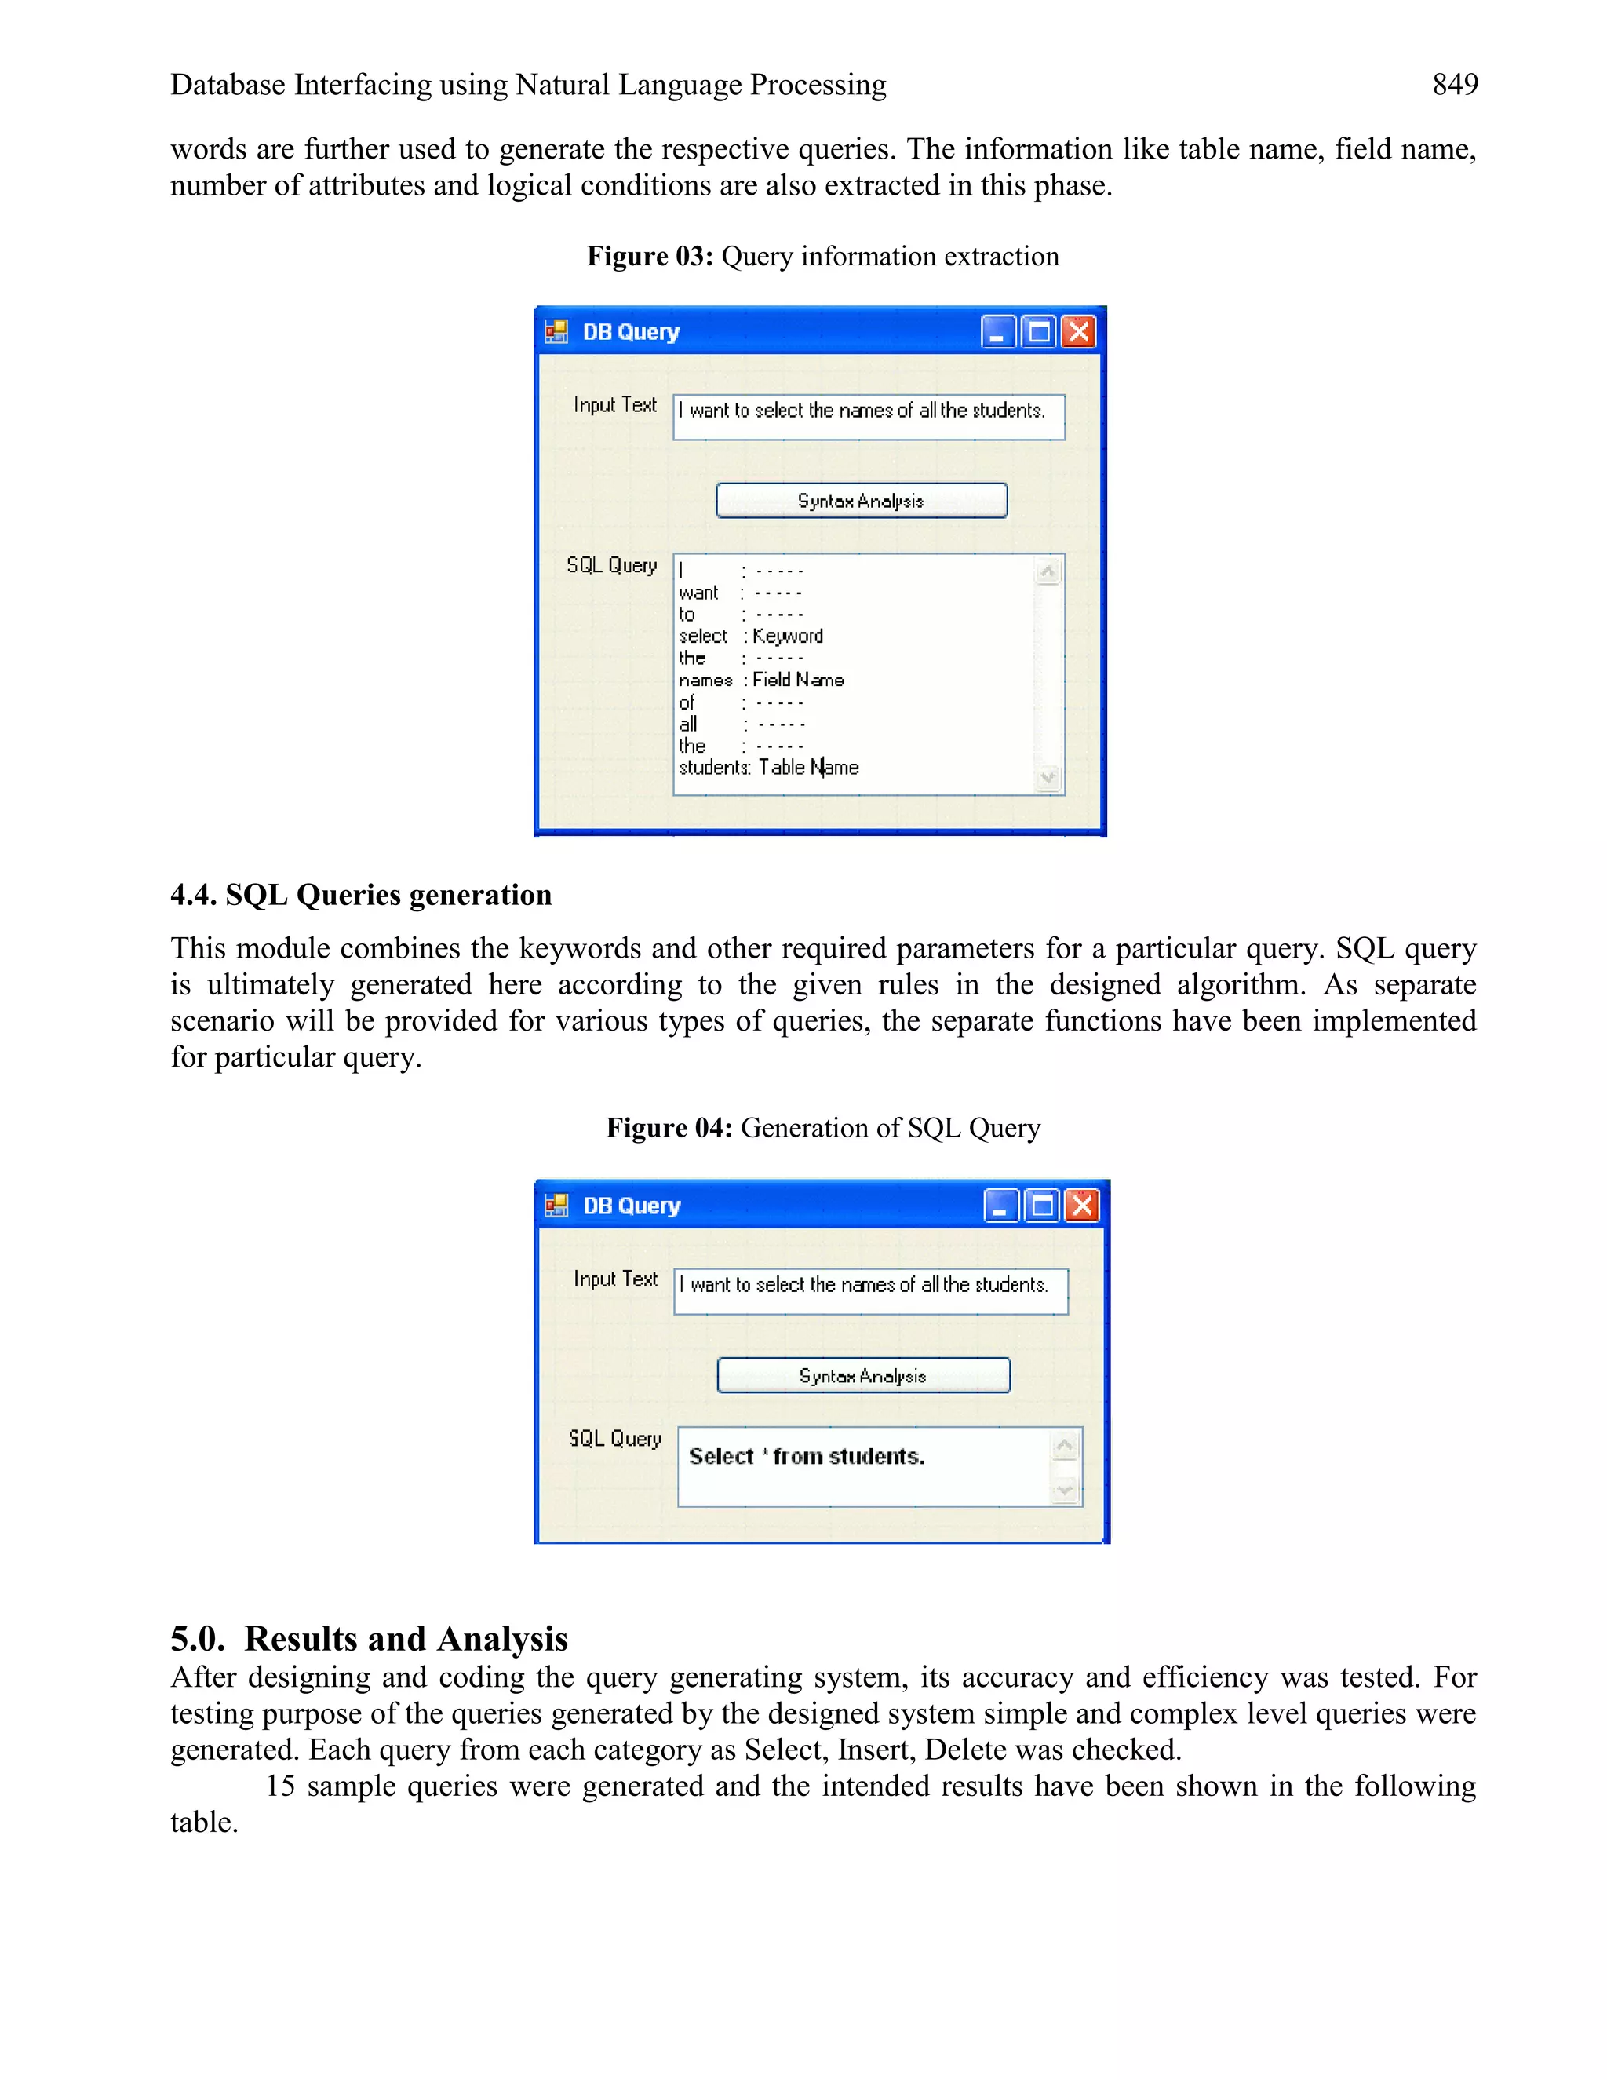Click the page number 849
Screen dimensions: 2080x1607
coord(1455,85)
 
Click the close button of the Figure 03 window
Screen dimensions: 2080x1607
coord(1079,332)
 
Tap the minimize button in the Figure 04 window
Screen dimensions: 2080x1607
coord(1000,1206)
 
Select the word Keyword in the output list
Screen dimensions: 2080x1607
coord(787,637)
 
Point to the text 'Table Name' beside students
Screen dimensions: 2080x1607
coord(808,768)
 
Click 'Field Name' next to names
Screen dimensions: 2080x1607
coord(798,680)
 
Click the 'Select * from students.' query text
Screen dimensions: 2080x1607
coord(807,1456)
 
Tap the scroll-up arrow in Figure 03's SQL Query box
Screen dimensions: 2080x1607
coord(1048,571)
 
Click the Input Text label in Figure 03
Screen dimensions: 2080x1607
coord(615,405)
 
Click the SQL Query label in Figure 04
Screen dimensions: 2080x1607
coord(615,1438)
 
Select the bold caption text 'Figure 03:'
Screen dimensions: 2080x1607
coord(649,256)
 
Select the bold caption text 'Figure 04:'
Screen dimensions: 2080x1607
coord(669,1128)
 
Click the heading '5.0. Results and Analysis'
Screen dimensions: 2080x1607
coord(369,1638)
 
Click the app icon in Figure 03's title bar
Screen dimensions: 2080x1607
coord(556,332)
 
